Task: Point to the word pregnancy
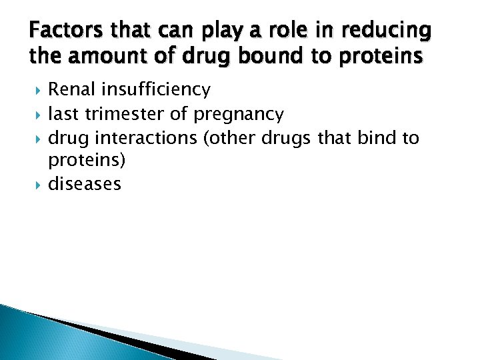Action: (x=238, y=114)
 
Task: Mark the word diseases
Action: (x=85, y=184)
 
